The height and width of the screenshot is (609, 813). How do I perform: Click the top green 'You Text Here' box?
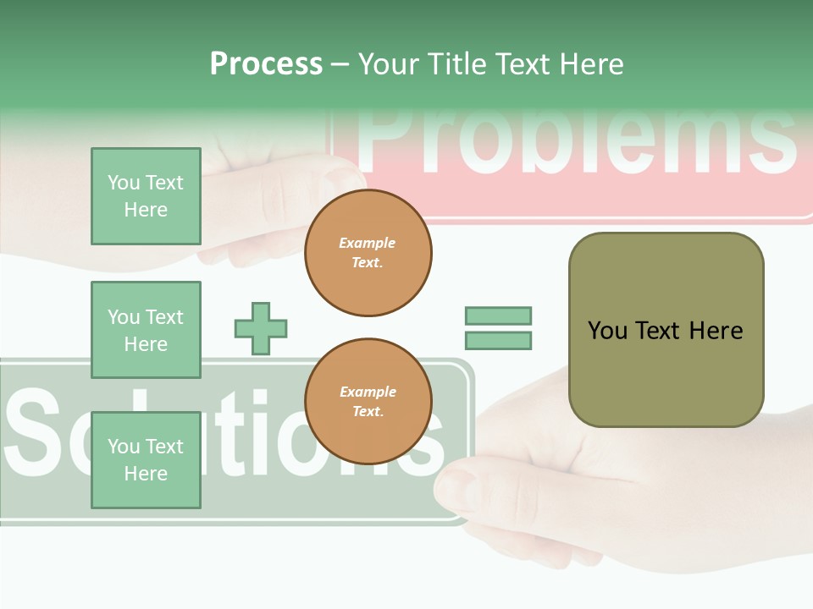pos(146,196)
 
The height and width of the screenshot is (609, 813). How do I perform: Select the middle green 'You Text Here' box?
pos(146,330)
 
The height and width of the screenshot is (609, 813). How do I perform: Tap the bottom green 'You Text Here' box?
pos(146,460)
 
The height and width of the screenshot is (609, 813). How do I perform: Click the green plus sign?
pos(261,328)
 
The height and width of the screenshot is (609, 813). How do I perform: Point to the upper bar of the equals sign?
pos(498,315)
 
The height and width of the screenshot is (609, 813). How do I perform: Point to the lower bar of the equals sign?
pos(498,341)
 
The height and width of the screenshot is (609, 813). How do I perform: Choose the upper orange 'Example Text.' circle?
pos(368,253)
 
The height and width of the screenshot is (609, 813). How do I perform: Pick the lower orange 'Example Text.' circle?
pos(368,402)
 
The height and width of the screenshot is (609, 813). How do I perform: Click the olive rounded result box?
pos(666,330)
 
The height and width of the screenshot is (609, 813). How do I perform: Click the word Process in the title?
pos(266,63)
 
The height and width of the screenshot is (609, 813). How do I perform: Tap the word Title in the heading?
pos(456,63)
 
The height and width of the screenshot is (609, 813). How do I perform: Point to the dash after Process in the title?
pos(340,64)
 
